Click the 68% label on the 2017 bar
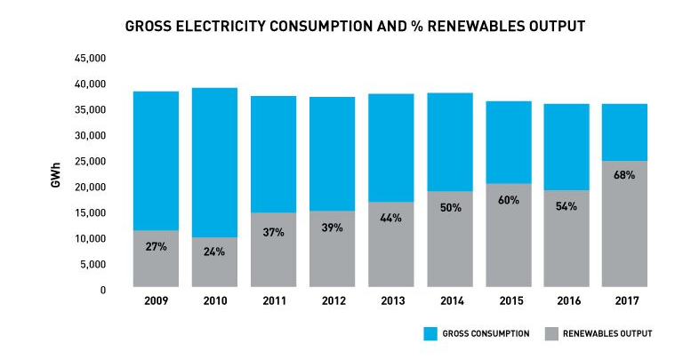pos(623,175)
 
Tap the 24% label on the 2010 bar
pos(214,252)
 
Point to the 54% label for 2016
pos(566,206)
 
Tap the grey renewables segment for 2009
pos(156,267)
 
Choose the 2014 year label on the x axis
pos(450,301)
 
